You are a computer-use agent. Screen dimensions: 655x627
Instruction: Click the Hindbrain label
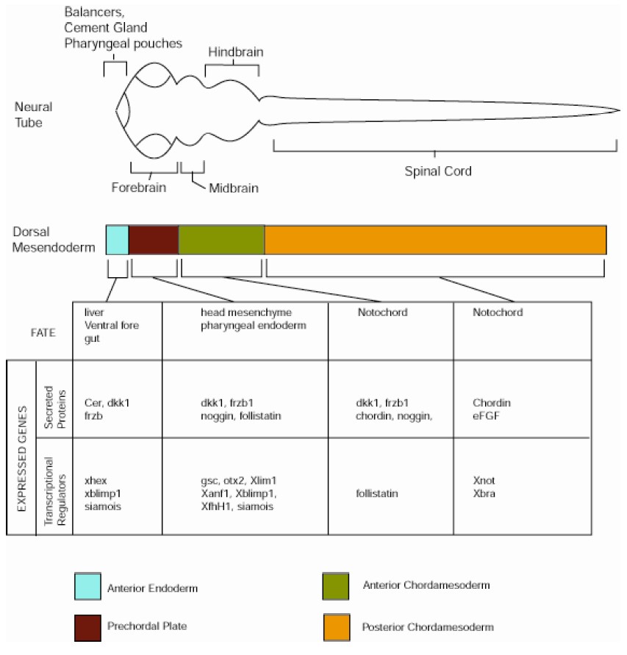235,52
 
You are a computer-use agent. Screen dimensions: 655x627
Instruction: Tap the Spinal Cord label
438,171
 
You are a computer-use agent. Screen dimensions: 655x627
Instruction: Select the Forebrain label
139,187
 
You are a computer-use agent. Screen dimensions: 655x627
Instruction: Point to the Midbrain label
233,187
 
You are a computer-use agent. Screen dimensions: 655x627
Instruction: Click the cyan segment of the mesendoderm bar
117,240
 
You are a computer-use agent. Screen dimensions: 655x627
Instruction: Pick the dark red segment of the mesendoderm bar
154,240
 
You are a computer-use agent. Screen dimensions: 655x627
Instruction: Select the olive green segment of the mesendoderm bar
221,240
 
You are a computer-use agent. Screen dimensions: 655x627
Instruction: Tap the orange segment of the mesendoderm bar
435,240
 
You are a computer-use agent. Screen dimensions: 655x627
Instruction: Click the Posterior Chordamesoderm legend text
428,627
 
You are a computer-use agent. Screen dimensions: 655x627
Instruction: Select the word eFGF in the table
487,415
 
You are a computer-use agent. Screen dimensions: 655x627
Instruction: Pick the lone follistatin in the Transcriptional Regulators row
376,493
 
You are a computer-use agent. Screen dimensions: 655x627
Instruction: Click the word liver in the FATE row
93,312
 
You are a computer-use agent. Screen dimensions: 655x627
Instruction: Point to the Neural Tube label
33,115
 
